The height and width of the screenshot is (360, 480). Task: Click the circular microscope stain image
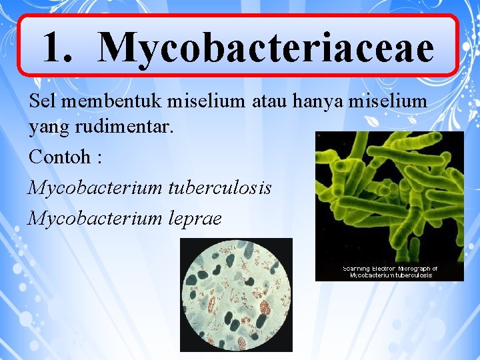[x=236, y=294]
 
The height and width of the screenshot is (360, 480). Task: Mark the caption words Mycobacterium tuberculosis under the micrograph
[x=391, y=275]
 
